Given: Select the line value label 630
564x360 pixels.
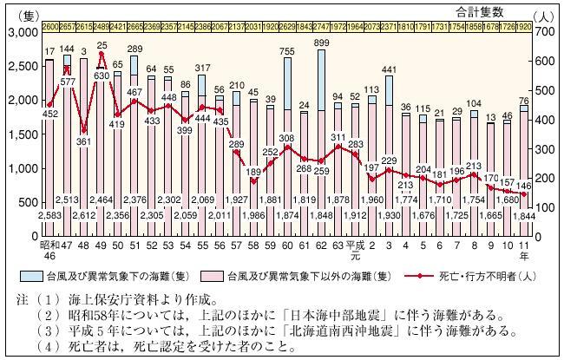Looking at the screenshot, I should pyautogui.click(x=102, y=75).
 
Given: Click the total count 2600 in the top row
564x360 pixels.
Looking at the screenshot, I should pyautogui.click(x=50, y=27).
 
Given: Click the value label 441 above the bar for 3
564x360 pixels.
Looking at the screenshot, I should pyautogui.click(x=383, y=69).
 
